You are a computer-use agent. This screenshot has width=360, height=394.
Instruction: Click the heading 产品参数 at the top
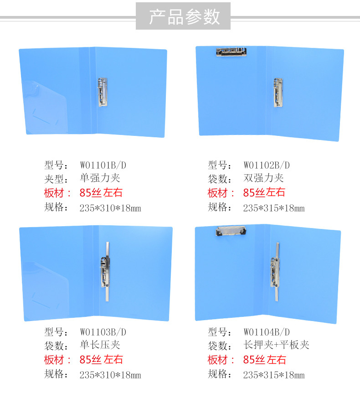[x=184, y=17]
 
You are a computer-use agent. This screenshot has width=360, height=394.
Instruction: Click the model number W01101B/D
[x=103, y=165]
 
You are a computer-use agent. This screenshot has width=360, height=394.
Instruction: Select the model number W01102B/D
[x=267, y=165]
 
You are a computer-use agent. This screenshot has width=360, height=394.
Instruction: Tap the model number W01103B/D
[x=103, y=332]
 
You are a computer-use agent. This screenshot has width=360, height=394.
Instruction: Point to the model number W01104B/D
[x=267, y=332]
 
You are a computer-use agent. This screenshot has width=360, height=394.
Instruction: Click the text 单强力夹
[x=100, y=178]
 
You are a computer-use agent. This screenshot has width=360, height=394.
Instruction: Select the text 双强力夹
[x=263, y=178]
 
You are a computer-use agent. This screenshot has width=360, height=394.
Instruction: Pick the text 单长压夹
[x=100, y=345]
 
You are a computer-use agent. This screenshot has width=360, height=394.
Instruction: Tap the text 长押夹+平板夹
[x=276, y=345]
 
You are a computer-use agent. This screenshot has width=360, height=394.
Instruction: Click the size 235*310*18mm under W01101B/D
[x=110, y=208]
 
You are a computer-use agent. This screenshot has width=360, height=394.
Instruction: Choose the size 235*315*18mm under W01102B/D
[x=273, y=208]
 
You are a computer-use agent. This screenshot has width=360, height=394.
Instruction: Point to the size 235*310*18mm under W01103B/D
[x=110, y=375]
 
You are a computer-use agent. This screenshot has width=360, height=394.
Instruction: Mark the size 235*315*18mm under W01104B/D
[x=273, y=375]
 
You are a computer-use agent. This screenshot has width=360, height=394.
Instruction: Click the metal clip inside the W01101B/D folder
[x=103, y=92]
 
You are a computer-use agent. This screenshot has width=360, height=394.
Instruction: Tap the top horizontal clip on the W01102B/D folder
[x=231, y=52]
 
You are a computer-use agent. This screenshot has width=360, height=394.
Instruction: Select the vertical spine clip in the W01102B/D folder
[x=278, y=93]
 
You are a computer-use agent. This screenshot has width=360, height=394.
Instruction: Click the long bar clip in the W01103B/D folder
[x=106, y=271]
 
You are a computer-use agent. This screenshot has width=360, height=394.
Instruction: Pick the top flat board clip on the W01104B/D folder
[x=231, y=231]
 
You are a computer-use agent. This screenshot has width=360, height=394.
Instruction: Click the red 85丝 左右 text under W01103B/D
[x=101, y=360]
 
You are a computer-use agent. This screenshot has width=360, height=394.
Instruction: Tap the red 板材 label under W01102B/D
[x=217, y=193]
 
